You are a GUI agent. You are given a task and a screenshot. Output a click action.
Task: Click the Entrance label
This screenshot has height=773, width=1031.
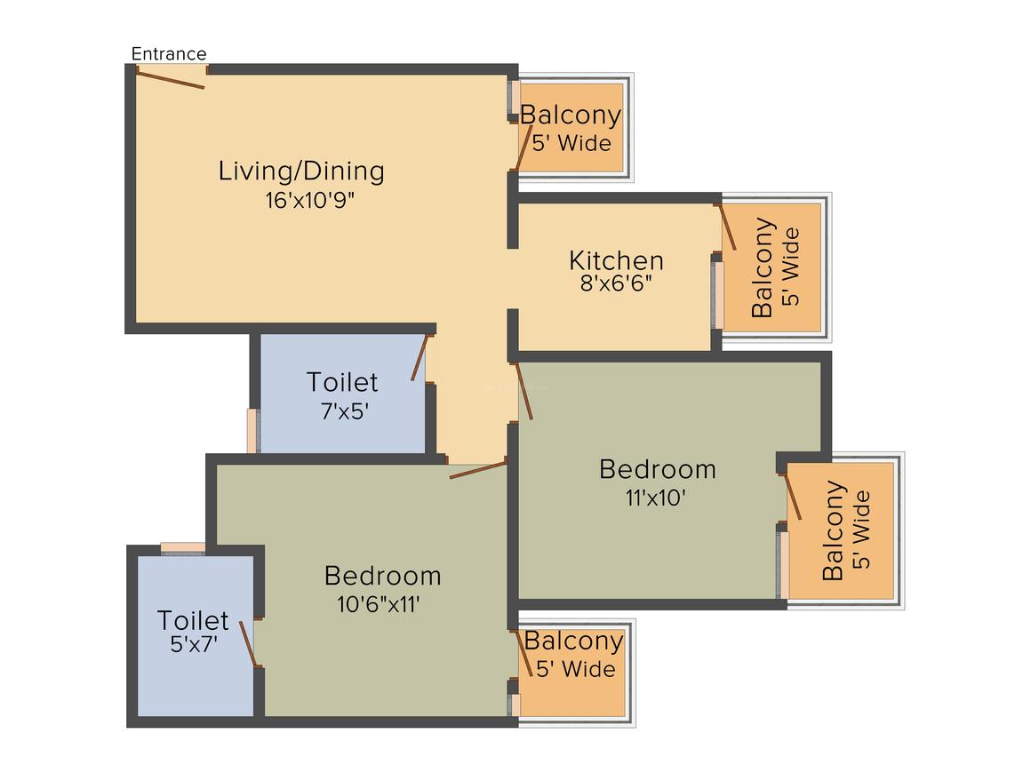click(169, 54)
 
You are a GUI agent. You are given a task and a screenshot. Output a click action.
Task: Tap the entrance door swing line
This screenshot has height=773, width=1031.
click(172, 79)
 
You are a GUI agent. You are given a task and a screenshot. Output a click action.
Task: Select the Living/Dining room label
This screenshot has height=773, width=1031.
click(301, 171)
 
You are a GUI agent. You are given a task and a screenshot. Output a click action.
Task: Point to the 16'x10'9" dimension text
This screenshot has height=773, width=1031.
click(309, 200)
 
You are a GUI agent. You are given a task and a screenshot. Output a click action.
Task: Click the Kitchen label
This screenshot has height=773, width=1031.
click(616, 260)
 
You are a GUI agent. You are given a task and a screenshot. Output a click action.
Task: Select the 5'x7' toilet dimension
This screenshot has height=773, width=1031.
click(193, 644)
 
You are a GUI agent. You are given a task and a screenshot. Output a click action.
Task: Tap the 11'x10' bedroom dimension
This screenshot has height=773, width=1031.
click(655, 498)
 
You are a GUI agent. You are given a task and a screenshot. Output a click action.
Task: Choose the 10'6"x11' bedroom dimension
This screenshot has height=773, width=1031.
click(378, 604)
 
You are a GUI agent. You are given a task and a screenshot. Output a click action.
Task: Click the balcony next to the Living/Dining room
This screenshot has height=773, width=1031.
click(571, 127)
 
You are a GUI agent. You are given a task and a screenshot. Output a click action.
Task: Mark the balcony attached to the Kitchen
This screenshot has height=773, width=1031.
click(772, 267)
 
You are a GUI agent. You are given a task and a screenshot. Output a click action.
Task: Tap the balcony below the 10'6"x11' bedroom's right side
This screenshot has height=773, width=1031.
click(572, 668)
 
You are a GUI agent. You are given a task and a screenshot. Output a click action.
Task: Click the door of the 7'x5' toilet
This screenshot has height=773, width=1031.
click(420, 357)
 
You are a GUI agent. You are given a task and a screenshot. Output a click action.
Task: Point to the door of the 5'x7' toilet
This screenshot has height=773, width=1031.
click(248, 644)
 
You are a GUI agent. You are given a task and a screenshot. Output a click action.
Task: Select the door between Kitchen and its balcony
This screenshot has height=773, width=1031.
click(727, 227)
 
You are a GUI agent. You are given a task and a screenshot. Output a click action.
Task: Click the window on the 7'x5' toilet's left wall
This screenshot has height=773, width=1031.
click(252, 430)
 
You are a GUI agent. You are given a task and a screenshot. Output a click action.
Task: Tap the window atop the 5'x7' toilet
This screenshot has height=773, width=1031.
click(182, 547)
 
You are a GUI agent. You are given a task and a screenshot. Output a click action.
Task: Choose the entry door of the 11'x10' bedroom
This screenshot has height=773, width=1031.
click(524, 390)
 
